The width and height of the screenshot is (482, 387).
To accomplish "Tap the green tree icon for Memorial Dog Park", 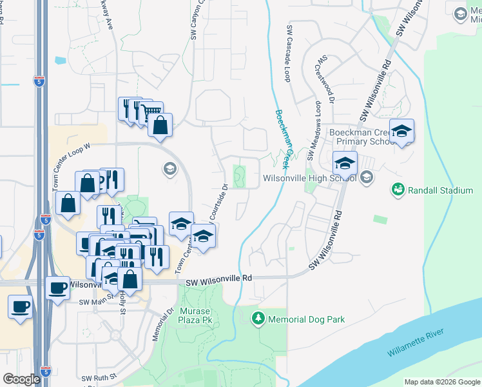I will [258, 319].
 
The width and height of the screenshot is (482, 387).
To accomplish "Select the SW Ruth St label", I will [99, 377].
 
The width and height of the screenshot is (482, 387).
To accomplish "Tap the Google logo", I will [21, 379].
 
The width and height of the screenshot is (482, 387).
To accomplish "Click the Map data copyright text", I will [441, 382].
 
